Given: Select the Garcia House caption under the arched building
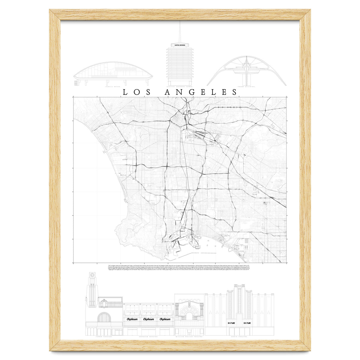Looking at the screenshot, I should click(113, 87).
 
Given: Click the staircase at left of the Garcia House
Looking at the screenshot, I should click(75, 82).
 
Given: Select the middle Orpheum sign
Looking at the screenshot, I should click(148, 319).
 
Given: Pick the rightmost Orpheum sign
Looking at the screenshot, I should click(165, 319).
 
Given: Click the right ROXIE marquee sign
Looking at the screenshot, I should click(247, 323).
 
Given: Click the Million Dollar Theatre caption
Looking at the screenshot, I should click(190, 337).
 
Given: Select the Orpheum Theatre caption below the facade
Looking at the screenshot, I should click(148, 337).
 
